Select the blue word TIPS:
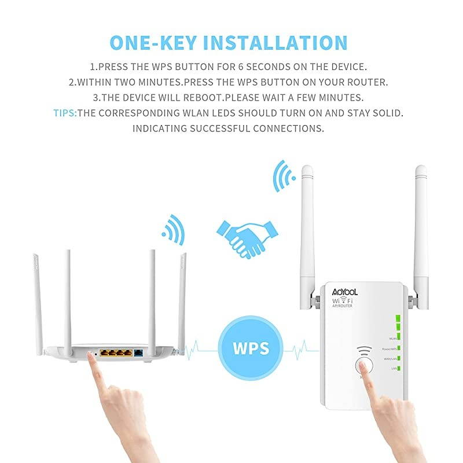[x=65, y=113]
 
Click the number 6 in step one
[x=258, y=67]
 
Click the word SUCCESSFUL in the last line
[x=222, y=128]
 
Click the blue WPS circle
[x=252, y=348]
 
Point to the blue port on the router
[x=139, y=352]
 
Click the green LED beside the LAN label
[x=399, y=368]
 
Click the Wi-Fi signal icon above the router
[x=172, y=230]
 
